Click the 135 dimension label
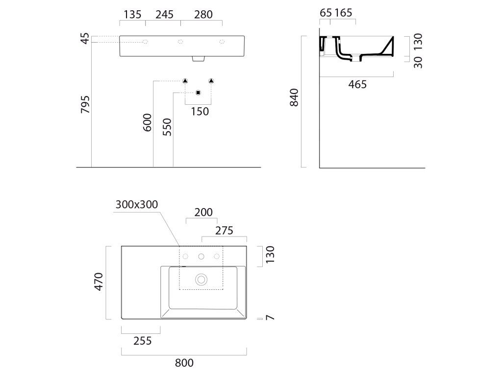pos(132,14)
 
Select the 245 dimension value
pos(165,14)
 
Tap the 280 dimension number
pos(203,14)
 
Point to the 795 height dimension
pos(85,104)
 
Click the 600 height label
pos(147,122)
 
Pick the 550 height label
pos(167,127)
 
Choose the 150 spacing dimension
pos(200,112)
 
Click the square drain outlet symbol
pos(198,93)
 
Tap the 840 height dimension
pos(294,97)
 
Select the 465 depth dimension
pos(357,84)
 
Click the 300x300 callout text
pos(137,204)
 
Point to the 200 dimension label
pos(203,212)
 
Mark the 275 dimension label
pos(224,231)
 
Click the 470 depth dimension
pos(99,282)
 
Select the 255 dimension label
pos(143,341)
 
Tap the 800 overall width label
pos(184,363)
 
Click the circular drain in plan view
pos(201,280)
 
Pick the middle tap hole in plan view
pos(201,257)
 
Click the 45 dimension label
pos(85,39)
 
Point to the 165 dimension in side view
pos(343,13)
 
